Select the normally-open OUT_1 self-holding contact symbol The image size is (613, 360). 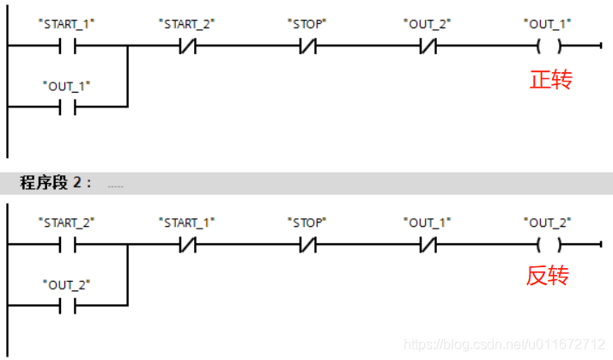pyautogui.click(x=67, y=107)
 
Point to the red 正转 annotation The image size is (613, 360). pyautogui.click(x=550, y=81)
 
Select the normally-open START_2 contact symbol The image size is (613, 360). pyautogui.click(x=67, y=244)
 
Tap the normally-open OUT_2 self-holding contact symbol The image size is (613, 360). pyautogui.click(x=67, y=304)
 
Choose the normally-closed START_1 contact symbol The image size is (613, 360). pyautogui.click(x=187, y=244)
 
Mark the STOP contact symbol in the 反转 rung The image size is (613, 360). pyautogui.click(x=307, y=244)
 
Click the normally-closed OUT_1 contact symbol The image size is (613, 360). pyautogui.click(x=428, y=244)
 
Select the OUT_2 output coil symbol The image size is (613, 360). pyautogui.click(x=548, y=244)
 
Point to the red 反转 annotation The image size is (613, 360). pyautogui.click(x=548, y=277)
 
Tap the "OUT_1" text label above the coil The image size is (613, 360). pyautogui.click(x=548, y=24)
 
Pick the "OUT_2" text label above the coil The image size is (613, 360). pyautogui.click(x=548, y=223)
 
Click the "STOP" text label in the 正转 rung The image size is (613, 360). pyautogui.click(x=307, y=24)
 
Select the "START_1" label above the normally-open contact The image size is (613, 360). pyautogui.click(x=67, y=24)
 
